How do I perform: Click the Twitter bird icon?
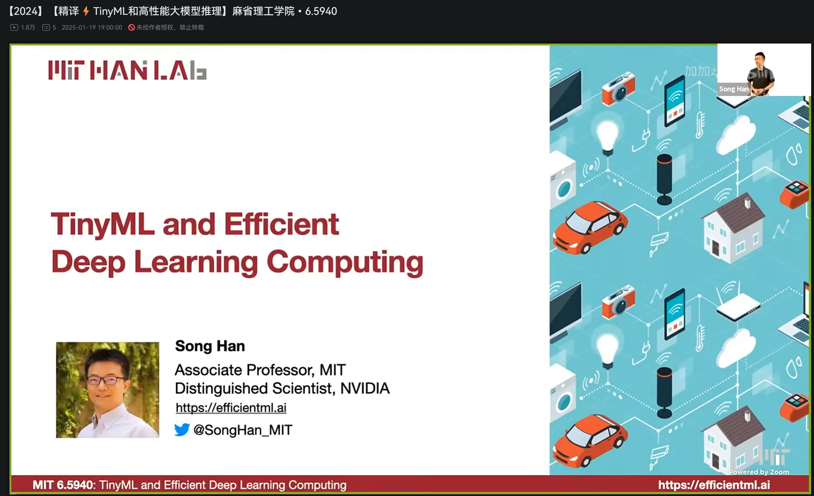click(182, 429)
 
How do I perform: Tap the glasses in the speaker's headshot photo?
click(107, 380)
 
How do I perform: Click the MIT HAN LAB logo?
click(127, 70)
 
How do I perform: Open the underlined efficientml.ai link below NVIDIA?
click(231, 408)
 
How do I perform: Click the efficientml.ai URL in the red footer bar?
click(714, 485)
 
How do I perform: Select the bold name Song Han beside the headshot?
click(210, 346)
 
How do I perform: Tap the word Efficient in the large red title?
click(282, 224)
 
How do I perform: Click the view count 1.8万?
click(28, 27)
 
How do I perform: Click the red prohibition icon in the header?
click(132, 27)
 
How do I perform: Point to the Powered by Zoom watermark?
click(759, 472)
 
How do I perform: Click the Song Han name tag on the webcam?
click(734, 89)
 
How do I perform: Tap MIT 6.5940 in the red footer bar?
click(63, 485)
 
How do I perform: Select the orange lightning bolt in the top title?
click(86, 11)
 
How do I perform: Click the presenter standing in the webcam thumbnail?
click(760, 73)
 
